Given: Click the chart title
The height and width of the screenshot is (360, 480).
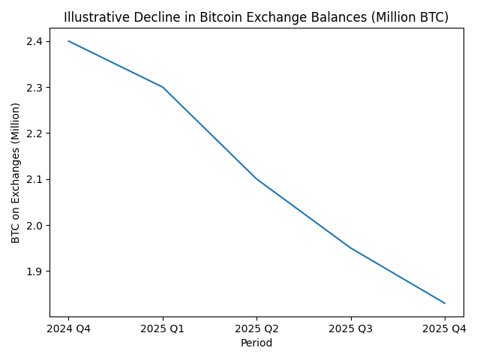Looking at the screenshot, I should pyautogui.click(x=256, y=17).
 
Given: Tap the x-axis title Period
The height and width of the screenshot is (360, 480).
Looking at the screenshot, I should pyautogui.click(x=256, y=343).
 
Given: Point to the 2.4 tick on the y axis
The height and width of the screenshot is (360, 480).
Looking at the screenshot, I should pyautogui.click(x=35, y=41).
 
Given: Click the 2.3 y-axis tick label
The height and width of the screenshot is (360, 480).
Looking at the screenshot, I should pyautogui.click(x=35, y=88).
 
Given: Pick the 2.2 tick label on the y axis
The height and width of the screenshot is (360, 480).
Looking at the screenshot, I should pyautogui.click(x=35, y=133).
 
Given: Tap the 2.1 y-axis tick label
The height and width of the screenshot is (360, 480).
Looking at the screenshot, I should pyautogui.click(x=35, y=179).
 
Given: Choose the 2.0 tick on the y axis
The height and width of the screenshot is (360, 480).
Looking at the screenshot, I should pyautogui.click(x=35, y=225).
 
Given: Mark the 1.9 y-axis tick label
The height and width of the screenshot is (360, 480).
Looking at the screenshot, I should pyautogui.click(x=35, y=271).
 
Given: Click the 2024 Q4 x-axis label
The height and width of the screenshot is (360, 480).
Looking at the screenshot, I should pyautogui.click(x=68, y=329).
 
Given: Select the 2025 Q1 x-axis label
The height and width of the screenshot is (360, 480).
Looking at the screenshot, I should pyautogui.click(x=163, y=329).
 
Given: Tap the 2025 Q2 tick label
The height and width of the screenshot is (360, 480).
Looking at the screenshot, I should pyautogui.click(x=256, y=329).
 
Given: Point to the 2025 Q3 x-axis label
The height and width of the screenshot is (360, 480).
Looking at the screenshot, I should pyautogui.click(x=351, y=329).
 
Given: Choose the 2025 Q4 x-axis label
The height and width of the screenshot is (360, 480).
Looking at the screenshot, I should pyautogui.click(x=445, y=329).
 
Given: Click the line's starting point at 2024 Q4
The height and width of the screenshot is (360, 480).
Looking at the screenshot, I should pyautogui.click(x=68, y=41).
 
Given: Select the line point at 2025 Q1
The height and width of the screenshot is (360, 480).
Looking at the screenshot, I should pyautogui.click(x=163, y=87).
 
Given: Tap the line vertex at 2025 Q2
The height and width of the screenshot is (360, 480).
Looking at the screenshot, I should pyautogui.click(x=256, y=179).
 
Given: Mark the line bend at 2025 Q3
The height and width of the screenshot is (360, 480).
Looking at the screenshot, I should pyautogui.click(x=351, y=248).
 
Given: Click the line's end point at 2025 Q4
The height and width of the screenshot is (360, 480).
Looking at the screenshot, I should pyautogui.click(x=445, y=303).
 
